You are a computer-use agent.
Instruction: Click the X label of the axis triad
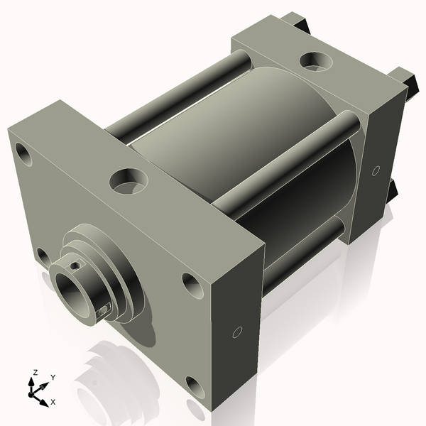[53, 402]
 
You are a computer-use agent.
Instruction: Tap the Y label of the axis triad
[53, 378]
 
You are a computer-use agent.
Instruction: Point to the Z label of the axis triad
[35, 373]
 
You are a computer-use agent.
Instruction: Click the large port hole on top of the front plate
[129, 182]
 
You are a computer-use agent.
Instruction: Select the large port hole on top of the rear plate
[316, 61]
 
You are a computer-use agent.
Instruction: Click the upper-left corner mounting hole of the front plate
[23, 154]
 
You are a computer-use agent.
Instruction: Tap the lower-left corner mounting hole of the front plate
[43, 257]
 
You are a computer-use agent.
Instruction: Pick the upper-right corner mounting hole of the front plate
[192, 285]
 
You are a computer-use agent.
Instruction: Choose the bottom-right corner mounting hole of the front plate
[195, 388]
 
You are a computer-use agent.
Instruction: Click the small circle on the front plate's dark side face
[237, 332]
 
